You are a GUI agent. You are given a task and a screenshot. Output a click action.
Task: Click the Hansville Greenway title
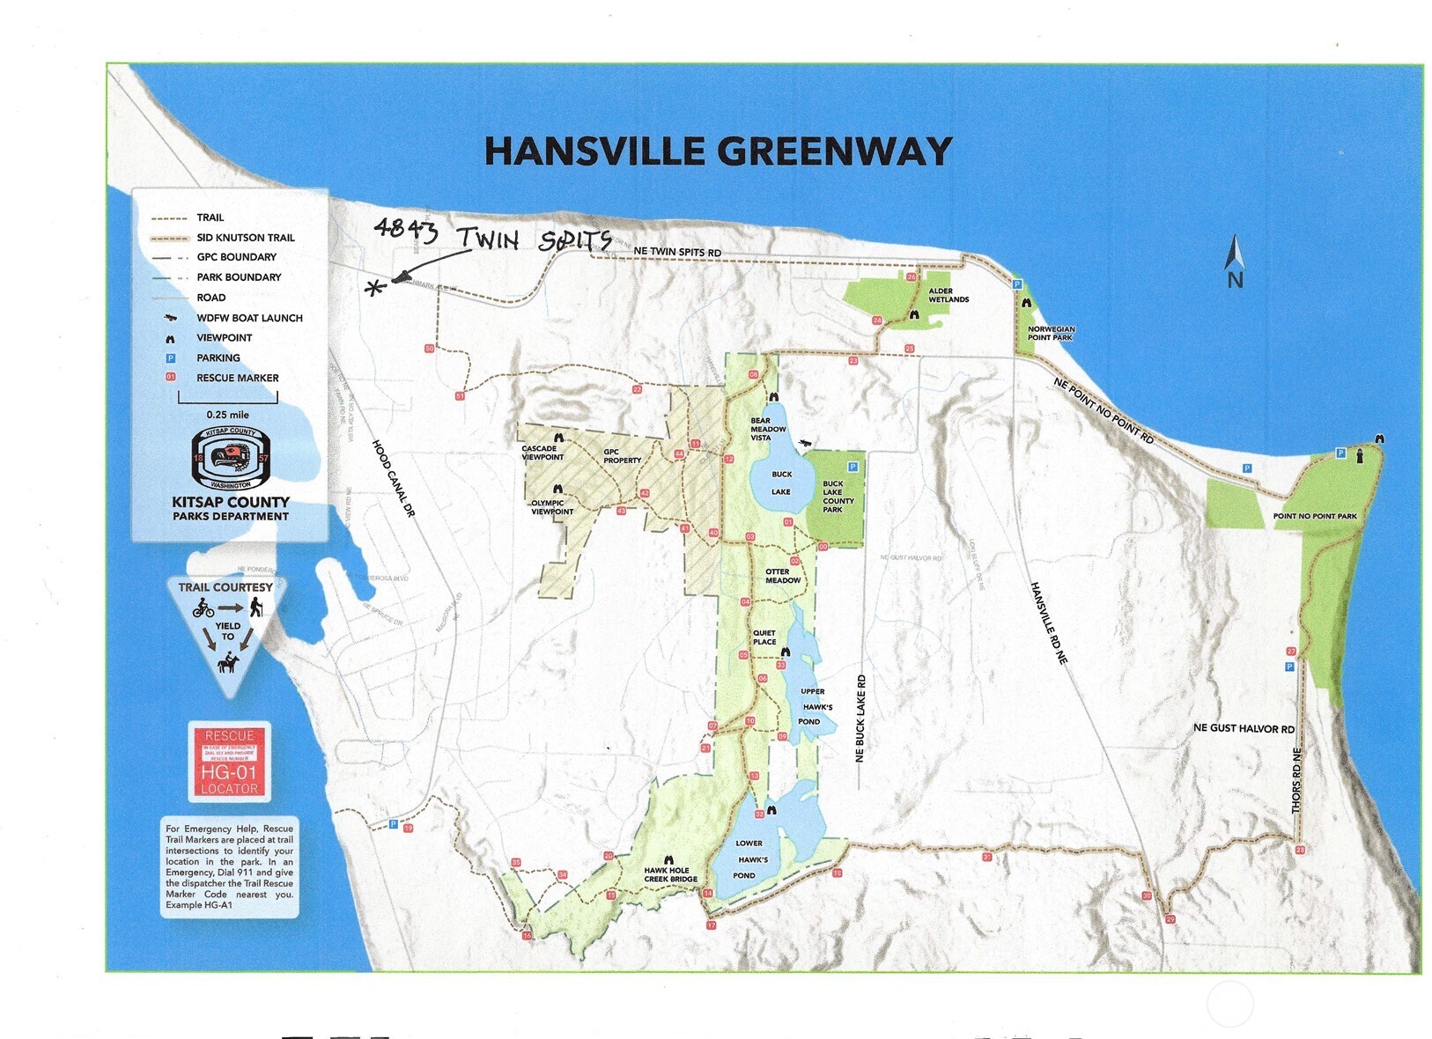coord(718,151)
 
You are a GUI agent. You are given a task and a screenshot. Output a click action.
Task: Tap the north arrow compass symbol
coord(1235,261)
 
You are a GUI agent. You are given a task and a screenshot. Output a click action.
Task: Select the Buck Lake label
coord(781,483)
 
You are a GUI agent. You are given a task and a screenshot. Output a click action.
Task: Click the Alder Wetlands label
coord(948,295)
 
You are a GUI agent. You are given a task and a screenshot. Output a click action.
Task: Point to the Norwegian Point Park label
coord(1051,333)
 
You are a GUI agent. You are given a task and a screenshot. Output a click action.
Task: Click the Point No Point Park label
coord(1314,516)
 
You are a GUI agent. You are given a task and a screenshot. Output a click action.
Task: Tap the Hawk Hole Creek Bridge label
coord(670,874)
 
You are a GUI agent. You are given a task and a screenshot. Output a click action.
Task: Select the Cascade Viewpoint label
coord(542,453)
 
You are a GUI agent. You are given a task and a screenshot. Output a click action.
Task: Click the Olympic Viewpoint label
coord(552,507)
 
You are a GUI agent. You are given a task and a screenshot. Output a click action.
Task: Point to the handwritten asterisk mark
coord(376,287)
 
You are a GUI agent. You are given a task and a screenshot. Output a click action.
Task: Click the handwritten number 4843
coord(405,230)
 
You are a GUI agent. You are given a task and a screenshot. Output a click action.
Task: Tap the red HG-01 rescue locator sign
coord(229,762)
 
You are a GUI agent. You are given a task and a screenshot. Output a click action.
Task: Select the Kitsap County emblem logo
coord(231,458)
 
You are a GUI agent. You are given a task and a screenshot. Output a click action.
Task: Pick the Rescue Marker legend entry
coord(236,378)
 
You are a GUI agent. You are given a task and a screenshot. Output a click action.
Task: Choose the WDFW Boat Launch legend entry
coord(248,318)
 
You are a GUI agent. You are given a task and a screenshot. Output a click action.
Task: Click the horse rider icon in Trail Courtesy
coord(228,662)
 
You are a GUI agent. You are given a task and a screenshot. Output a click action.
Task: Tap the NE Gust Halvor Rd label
coord(1244,728)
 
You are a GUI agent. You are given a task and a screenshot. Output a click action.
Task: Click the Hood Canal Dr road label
coord(393,478)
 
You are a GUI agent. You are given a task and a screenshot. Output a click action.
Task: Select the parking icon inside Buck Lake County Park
coord(852,467)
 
